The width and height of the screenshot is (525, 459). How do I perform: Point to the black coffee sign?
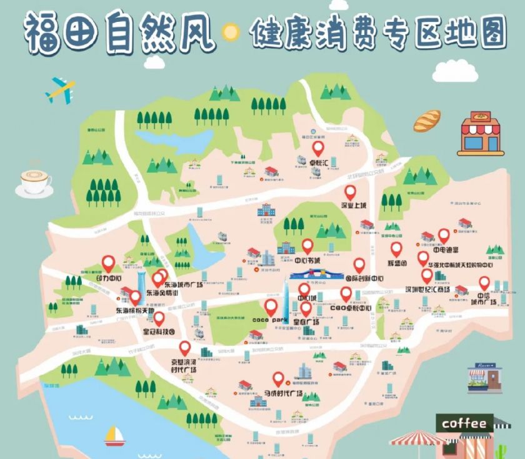tap(465, 423)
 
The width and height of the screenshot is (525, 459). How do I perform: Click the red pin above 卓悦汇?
tap(318, 149)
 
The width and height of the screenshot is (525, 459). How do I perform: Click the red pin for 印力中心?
tap(109, 264)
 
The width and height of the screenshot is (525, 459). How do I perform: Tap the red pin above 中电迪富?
tap(444, 235)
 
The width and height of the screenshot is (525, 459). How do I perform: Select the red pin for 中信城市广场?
tap(484, 282)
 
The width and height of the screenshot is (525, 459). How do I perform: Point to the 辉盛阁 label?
tap(397, 264)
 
